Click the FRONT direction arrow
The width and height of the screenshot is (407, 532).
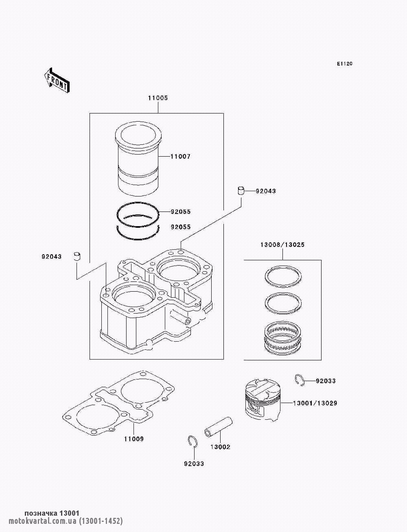click(57, 80)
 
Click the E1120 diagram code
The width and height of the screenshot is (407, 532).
click(344, 64)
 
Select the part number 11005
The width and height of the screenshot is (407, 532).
click(158, 98)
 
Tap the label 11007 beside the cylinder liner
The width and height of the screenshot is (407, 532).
click(180, 157)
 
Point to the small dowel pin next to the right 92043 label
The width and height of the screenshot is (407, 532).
click(241, 190)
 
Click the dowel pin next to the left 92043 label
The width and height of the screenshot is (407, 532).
click(77, 256)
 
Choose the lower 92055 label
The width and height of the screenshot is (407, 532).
click(181, 227)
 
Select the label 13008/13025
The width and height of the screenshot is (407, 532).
click(282, 245)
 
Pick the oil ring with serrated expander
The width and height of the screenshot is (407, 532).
click(283, 340)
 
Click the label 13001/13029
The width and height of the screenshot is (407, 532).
click(315, 403)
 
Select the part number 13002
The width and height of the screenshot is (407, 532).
click(220, 447)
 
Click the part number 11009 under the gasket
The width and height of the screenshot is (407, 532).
click(134, 439)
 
